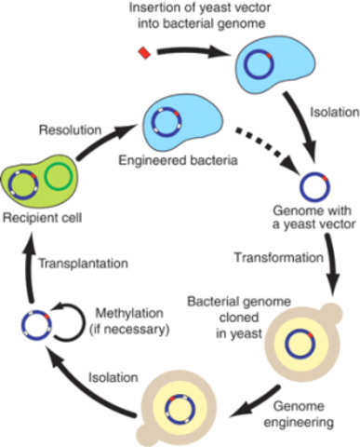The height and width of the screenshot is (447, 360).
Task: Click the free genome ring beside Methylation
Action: pyautogui.click(x=36, y=327)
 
